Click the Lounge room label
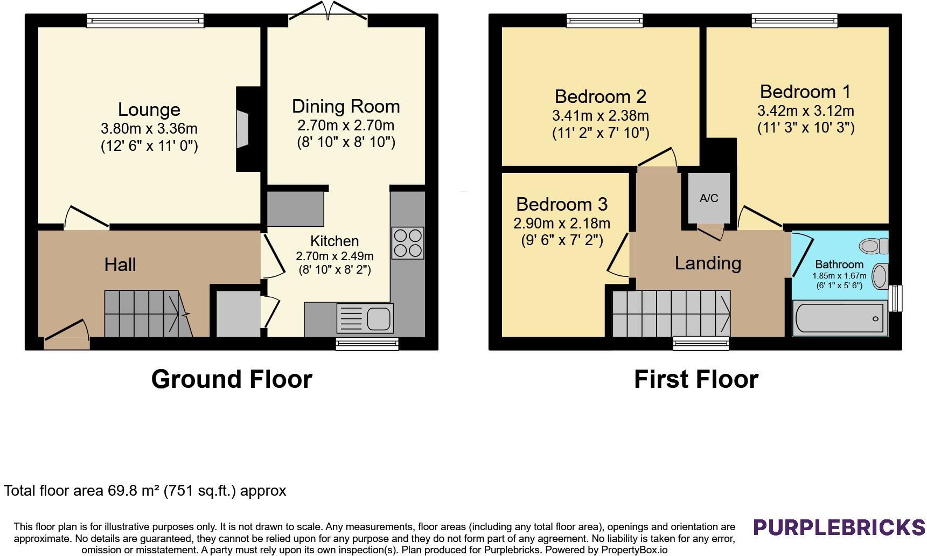click(149, 109)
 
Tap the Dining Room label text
click(346, 106)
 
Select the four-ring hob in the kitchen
click(408, 244)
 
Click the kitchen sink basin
click(379, 318)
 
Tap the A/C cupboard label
click(709, 198)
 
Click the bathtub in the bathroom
click(840, 318)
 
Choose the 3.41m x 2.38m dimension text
click(601, 115)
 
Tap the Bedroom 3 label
click(562, 204)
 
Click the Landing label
click(708, 263)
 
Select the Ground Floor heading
click(232, 379)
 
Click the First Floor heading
click(696, 379)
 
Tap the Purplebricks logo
click(839, 527)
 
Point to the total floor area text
click(145, 491)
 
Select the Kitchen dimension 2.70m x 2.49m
click(334, 256)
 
